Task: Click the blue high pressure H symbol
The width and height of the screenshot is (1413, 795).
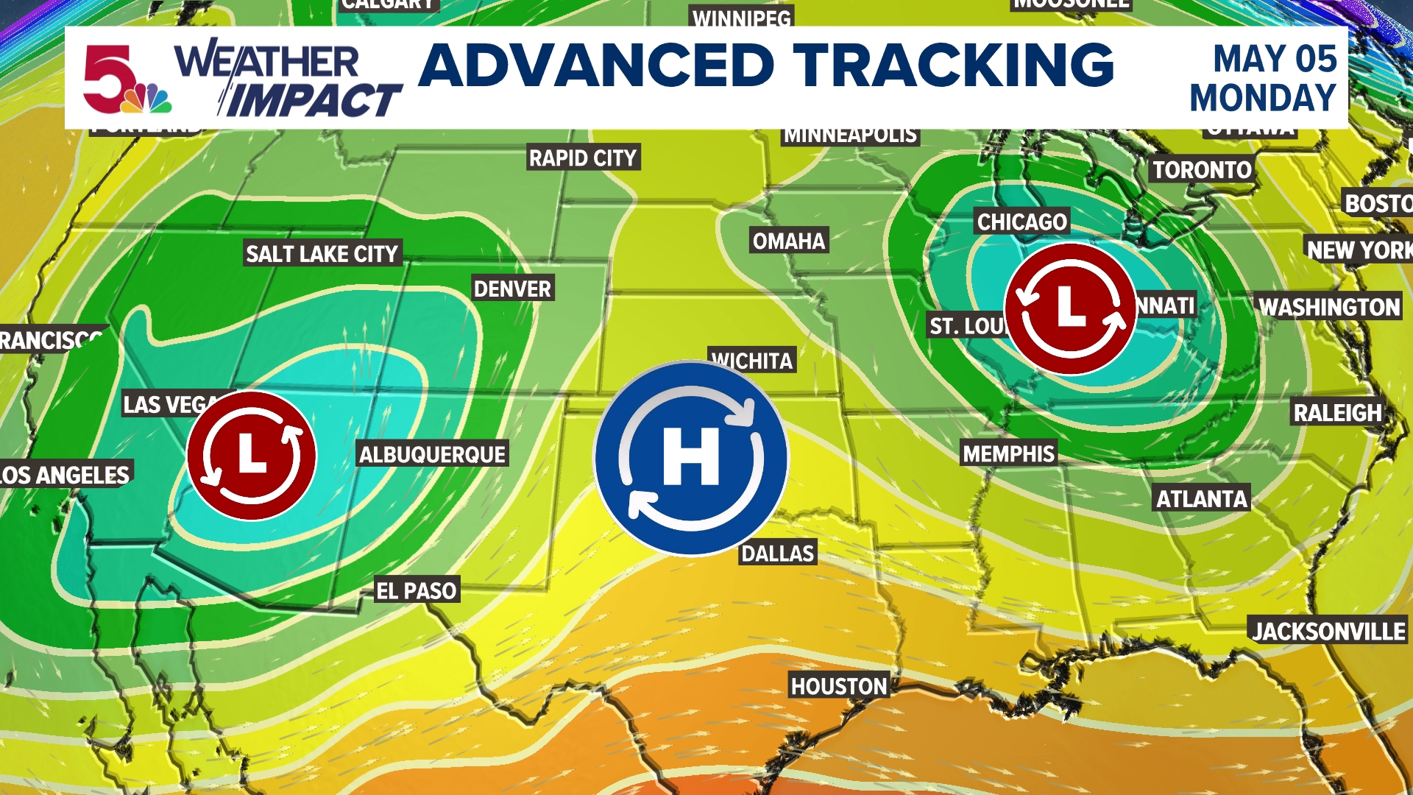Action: [x=690, y=457]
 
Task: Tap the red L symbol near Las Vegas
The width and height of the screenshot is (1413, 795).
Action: [x=252, y=455]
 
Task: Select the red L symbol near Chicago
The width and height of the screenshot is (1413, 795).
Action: [x=1071, y=308]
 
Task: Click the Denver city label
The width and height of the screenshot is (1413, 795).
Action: [x=512, y=289]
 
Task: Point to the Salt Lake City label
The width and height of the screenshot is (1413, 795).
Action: [x=322, y=254]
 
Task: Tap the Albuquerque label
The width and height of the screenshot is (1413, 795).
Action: [x=432, y=454]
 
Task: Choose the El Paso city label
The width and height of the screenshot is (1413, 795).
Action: [x=417, y=590]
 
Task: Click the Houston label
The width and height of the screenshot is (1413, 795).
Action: [x=839, y=686]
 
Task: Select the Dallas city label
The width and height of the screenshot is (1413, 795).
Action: [x=778, y=554]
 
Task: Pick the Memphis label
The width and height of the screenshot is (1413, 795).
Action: [x=1008, y=453]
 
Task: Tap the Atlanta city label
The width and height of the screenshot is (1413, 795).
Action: [x=1202, y=499]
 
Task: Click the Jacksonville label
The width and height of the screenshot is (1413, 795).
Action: [x=1328, y=631]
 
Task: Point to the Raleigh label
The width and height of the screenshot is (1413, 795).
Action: [x=1337, y=413]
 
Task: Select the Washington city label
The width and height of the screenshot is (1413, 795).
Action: [x=1329, y=307]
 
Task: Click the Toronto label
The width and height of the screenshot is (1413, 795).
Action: [x=1202, y=170]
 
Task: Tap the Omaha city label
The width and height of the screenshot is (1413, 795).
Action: [x=789, y=241]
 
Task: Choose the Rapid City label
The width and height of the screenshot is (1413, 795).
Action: [x=583, y=158]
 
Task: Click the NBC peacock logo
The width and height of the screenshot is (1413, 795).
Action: [x=147, y=99]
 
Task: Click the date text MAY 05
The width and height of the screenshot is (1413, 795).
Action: [x=1275, y=59]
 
